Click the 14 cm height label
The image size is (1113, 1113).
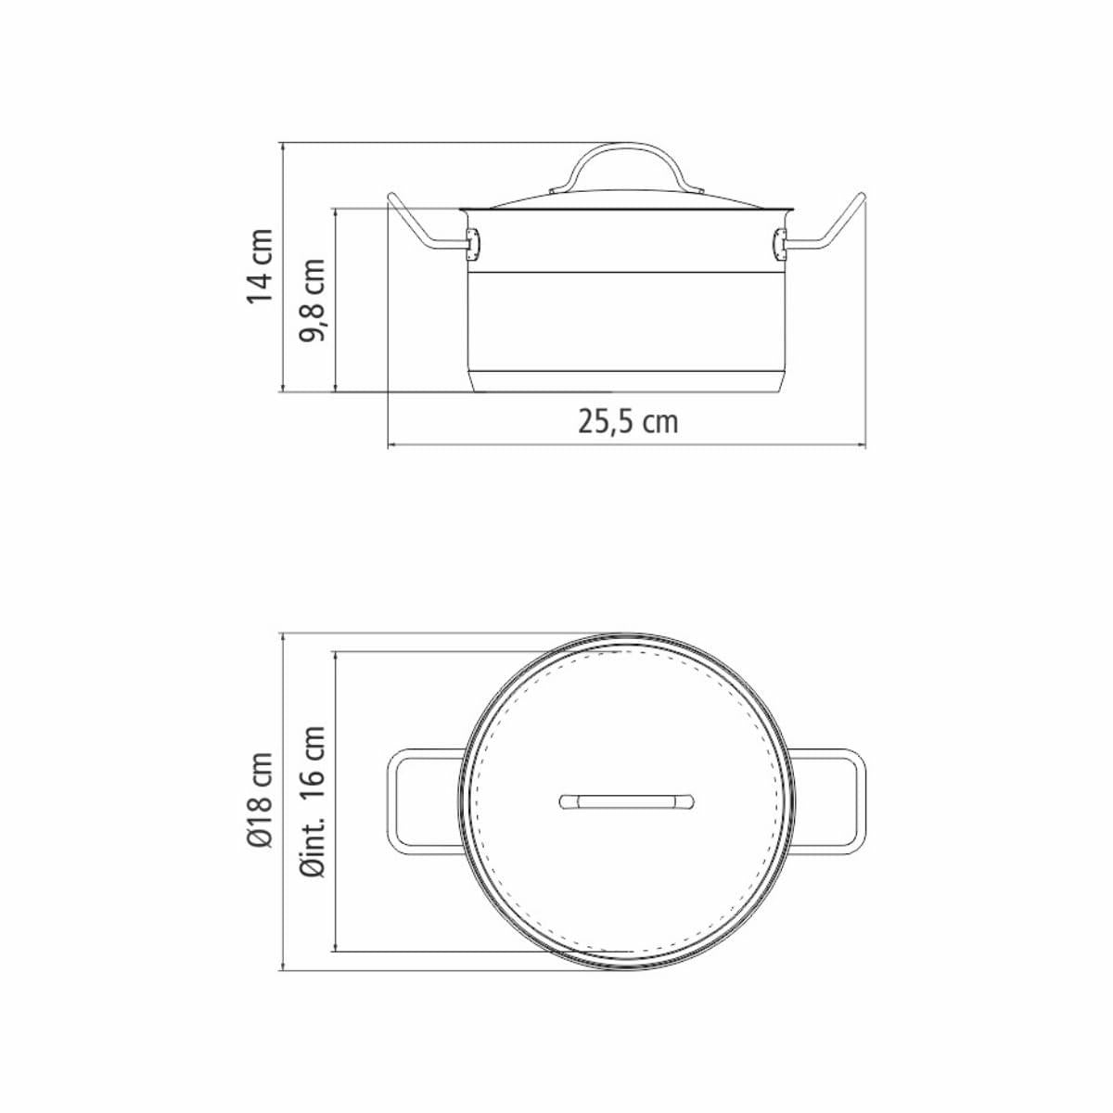coord(259,265)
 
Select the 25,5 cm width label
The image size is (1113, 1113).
coord(628,422)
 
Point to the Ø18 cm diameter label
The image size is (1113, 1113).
coord(259,800)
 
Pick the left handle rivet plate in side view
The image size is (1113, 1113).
coord(474,243)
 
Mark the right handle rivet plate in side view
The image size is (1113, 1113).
coord(779,243)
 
